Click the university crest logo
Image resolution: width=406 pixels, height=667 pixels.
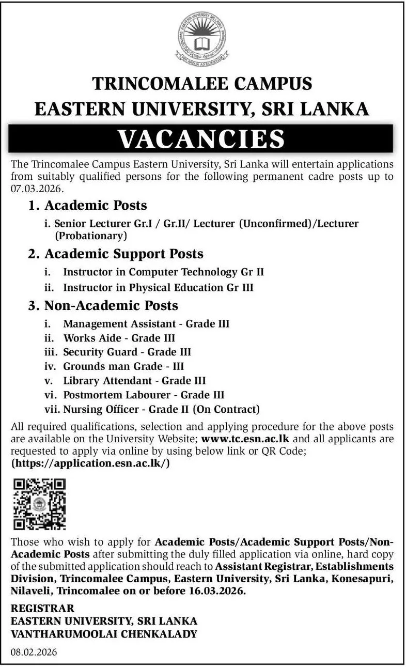202,39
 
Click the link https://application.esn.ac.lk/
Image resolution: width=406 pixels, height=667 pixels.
90,463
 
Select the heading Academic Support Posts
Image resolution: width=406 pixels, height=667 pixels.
124,254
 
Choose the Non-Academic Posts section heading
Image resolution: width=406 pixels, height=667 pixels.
111,305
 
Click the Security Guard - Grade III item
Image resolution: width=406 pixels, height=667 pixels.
127,352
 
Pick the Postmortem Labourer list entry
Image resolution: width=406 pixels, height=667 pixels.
144,395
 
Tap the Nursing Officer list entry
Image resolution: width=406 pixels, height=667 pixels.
160,410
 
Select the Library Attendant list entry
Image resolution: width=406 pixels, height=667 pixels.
134,381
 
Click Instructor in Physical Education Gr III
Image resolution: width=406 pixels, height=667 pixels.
158,287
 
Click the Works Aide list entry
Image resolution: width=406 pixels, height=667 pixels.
119,338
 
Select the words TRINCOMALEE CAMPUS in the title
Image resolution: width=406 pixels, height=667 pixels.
202,83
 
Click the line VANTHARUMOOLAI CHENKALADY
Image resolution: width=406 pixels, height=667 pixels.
104,633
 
